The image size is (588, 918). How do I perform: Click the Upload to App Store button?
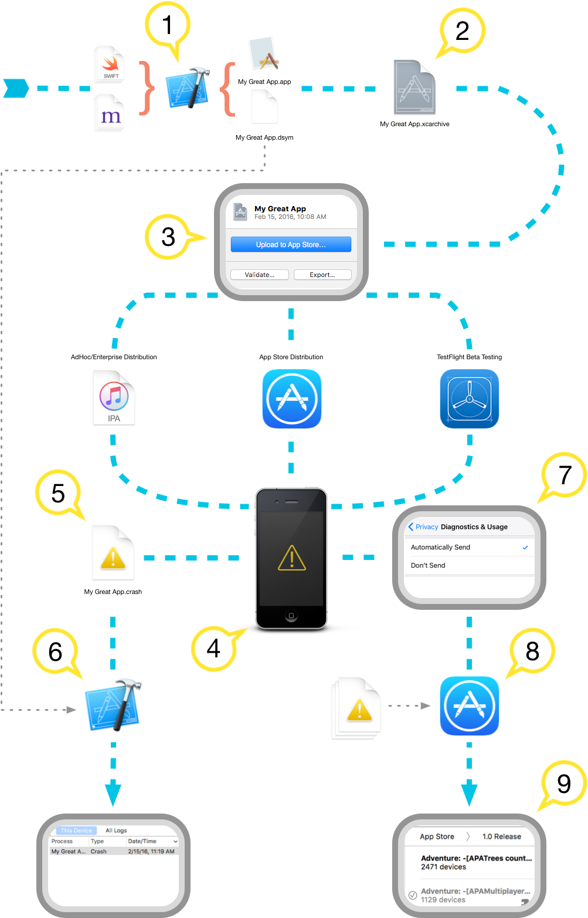pyautogui.click(x=291, y=244)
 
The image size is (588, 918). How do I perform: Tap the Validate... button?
pyautogui.click(x=260, y=275)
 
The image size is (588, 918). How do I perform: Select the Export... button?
pyautogui.click(x=322, y=275)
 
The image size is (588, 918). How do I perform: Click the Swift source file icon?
pyautogui.click(x=110, y=65)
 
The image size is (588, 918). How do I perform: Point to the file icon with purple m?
pyautogui.click(x=110, y=113)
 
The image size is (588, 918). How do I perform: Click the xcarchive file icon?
pyautogui.click(x=414, y=87)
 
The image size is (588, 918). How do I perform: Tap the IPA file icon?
pyautogui.click(x=114, y=397)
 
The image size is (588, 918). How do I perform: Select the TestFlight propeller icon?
pyautogui.click(x=470, y=399)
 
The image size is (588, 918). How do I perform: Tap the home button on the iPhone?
pyautogui.click(x=291, y=616)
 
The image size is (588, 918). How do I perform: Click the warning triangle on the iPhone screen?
pyautogui.click(x=292, y=558)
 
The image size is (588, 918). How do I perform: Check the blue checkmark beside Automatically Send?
pyautogui.click(x=525, y=547)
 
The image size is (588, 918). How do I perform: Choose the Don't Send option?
pyautogui.click(x=428, y=565)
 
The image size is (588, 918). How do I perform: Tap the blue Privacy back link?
pyautogui.click(x=423, y=526)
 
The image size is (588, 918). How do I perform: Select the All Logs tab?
pyautogui.click(x=116, y=831)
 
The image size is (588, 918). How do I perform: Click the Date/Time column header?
pyautogui.click(x=142, y=841)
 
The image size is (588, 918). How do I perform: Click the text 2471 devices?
pyautogui.click(x=444, y=867)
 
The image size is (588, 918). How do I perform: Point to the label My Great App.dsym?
pyautogui.click(x=264, y=137)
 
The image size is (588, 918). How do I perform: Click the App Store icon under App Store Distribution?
pyautogui.click(x=292, y=399)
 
